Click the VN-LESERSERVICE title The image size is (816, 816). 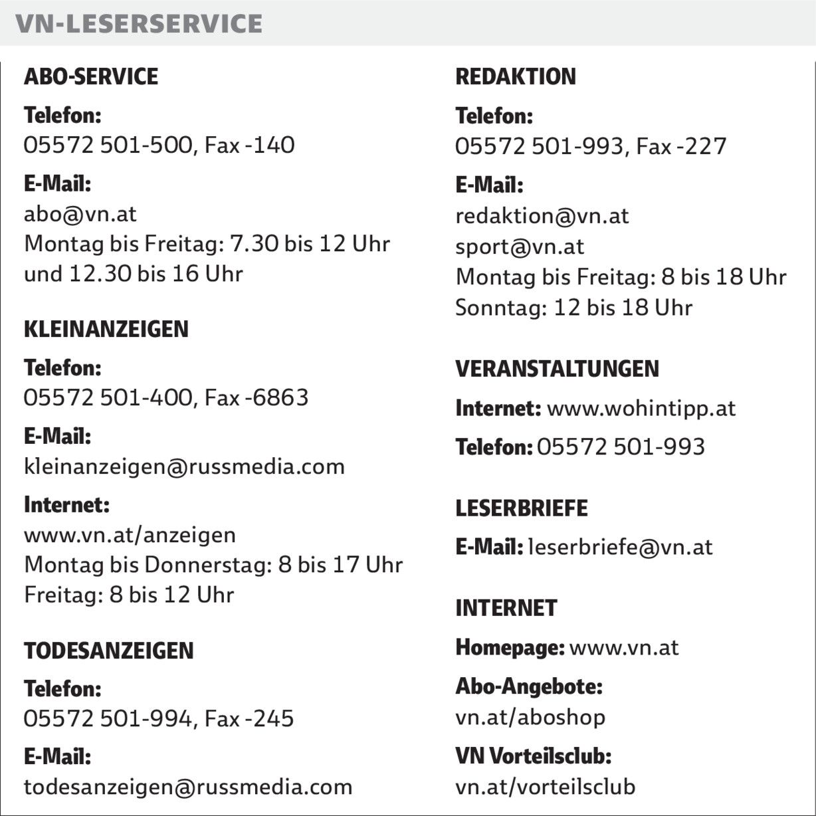pos(139,24)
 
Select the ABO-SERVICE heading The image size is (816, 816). pos(91,76)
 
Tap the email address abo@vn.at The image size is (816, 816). pos(80,214)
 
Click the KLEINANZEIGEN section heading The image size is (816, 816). pos(106,329)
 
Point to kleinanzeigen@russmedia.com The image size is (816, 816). pos(184,466)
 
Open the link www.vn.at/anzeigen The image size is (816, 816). pos(130,535)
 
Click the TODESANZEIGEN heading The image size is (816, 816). pos(108,651)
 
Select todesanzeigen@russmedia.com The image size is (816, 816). pos(188,787)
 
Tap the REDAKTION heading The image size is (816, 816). pos(516,77)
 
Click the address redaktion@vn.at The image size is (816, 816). pos(542,216)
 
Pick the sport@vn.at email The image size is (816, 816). pos(520,247)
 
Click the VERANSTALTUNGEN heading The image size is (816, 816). pos(557,369)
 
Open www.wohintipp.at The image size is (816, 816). pos(641,408)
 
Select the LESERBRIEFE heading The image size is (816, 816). pos(522,508)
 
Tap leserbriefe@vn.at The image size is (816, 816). pos(620,547)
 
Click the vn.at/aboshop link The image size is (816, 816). pos(530,717)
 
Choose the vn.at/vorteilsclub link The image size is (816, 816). pos(545,787)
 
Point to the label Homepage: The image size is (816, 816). pos(510,647)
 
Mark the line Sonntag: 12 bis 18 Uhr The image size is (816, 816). pos(573,308)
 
